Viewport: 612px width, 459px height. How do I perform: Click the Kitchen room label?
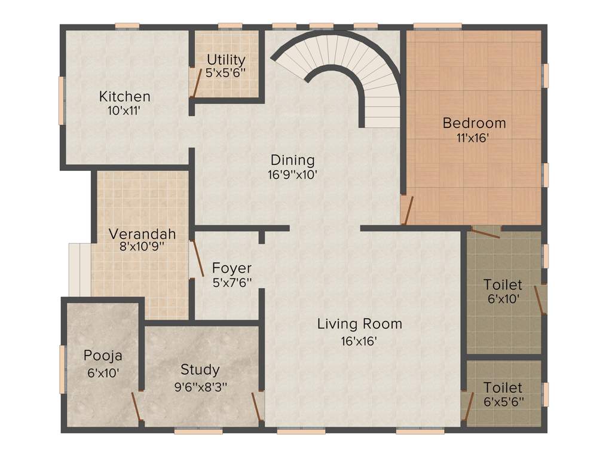click(x=124, y=96)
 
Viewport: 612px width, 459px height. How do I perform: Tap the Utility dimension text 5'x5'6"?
click(x=226, y=72)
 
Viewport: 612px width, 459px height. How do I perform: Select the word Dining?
click(x=292, y=160)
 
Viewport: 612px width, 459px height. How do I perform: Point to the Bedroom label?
click(x=474, y=123)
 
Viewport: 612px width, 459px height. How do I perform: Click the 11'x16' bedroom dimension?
click(x=474, y=137)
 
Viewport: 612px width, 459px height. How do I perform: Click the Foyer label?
click(x=232, y=268)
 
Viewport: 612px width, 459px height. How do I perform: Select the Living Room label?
click(x=359, y=324)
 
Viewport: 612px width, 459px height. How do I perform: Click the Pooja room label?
click(x=103, y=356)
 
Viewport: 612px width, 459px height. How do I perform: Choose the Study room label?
click(x=200, y=369)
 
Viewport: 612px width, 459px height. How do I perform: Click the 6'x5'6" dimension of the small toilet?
click(x=503, y=401)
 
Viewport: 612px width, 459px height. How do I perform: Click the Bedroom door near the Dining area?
click(x=406, y=210)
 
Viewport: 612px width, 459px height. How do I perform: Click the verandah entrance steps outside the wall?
click(x=79, y=269)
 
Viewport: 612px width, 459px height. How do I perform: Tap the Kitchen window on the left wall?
click(x=61, y=100)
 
